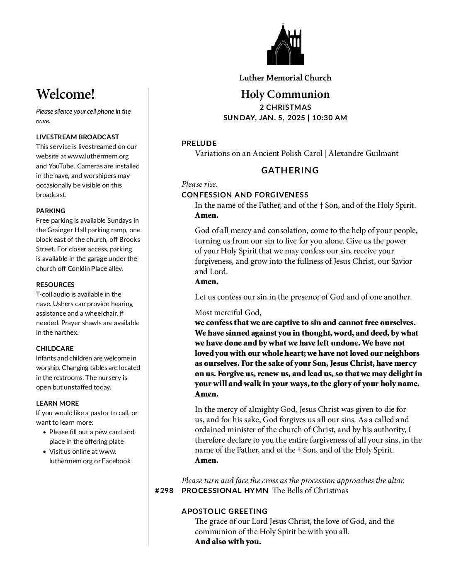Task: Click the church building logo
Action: (x=285, y=44)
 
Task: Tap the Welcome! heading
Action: (x=65, y=95)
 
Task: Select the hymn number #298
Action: (x=164, y=491)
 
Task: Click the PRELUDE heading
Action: (x=199, y=144)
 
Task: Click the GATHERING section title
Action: (x=290, y=170)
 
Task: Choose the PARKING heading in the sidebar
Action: (x=51, y=211)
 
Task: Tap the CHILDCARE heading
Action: (x=55, y=348)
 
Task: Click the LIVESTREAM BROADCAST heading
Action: (x=78, y=137)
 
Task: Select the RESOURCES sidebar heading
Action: (x=55, y=285)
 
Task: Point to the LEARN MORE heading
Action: (x=57, y=403)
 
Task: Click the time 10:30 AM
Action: (x=330, y=117)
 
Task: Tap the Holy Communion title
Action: (x=285, y=95)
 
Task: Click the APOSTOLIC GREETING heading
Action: (x=225, y=511)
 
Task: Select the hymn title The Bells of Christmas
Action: (x=310, y=491)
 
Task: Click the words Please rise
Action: (x=199, y=184)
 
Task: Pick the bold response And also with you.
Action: (x=228, y=542)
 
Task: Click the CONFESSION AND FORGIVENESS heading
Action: (x=245, y=195)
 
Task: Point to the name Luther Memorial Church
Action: (x=285, y=78)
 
